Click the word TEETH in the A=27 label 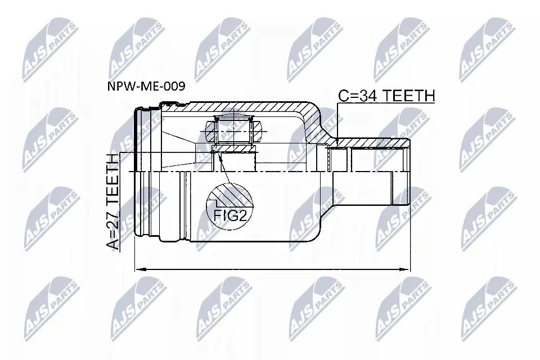112,180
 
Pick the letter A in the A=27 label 112,243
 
